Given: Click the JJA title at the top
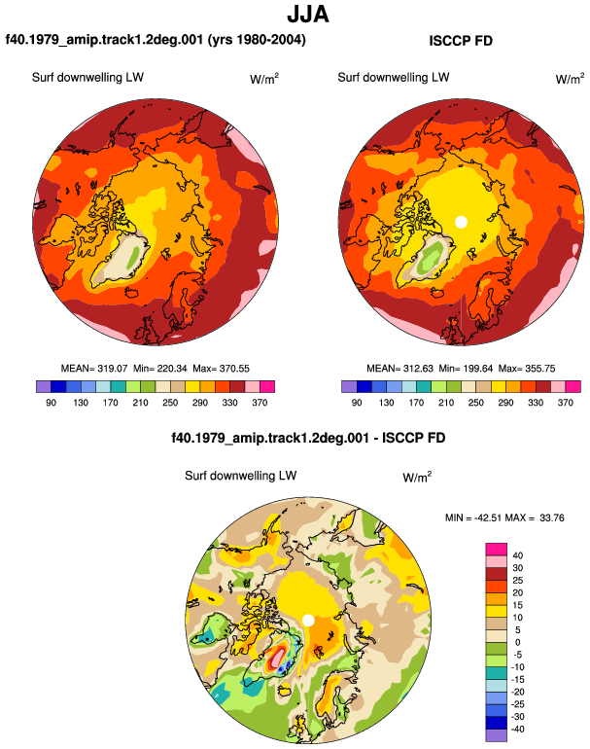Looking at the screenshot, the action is click(308, 15).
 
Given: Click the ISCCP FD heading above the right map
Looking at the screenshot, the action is click(461, 41).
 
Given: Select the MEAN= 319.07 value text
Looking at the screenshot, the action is click(94, 369).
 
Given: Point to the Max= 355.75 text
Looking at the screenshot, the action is click(527, 369).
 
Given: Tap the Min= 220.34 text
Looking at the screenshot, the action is click(160, 369).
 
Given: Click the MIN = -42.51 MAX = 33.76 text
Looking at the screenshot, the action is click(504, 517).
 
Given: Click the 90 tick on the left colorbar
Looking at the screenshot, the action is click(52, 403).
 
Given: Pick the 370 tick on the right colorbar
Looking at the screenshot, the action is click(565, 403).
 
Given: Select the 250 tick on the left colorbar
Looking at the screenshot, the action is click(170, 403).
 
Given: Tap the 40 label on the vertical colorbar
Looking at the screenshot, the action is click(517, 555).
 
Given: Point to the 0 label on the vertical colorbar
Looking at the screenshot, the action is click(517, 642).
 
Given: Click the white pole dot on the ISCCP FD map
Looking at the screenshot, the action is click(461, 222).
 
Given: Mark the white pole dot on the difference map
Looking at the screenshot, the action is click(308, 620).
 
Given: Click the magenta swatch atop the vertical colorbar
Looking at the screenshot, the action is click(496, 550).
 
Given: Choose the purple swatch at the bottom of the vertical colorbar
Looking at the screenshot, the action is click(496, 735).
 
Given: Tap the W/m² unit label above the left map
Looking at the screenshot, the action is click(264, 79).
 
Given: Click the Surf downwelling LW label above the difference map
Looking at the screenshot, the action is click(241, 476).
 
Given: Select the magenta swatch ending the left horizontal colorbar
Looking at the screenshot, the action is click(267, 386).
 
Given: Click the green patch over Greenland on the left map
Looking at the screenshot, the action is click(134, 254).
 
